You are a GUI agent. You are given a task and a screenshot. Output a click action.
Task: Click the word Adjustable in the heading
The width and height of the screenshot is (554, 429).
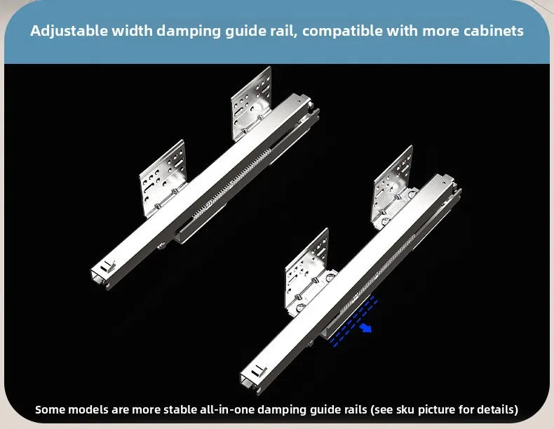[69, 31]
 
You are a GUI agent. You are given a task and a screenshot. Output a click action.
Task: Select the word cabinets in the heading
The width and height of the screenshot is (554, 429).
[493, 31]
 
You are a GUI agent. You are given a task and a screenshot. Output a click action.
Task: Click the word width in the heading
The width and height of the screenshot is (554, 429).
[132, 31]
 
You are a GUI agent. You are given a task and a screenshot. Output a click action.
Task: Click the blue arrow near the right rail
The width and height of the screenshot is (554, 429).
[365, 328]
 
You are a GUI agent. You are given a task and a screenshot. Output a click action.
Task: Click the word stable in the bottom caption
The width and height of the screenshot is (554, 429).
[180, 409]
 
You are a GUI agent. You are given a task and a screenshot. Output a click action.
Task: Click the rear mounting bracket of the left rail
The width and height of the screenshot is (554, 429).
[252, 105]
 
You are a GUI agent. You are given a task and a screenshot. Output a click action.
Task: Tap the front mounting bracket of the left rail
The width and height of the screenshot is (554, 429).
[163, 178]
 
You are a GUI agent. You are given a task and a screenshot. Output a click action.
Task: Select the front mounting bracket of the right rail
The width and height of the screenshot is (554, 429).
[307, 272]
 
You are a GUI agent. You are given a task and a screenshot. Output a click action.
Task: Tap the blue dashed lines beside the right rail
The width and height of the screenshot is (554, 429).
[353, 322]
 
